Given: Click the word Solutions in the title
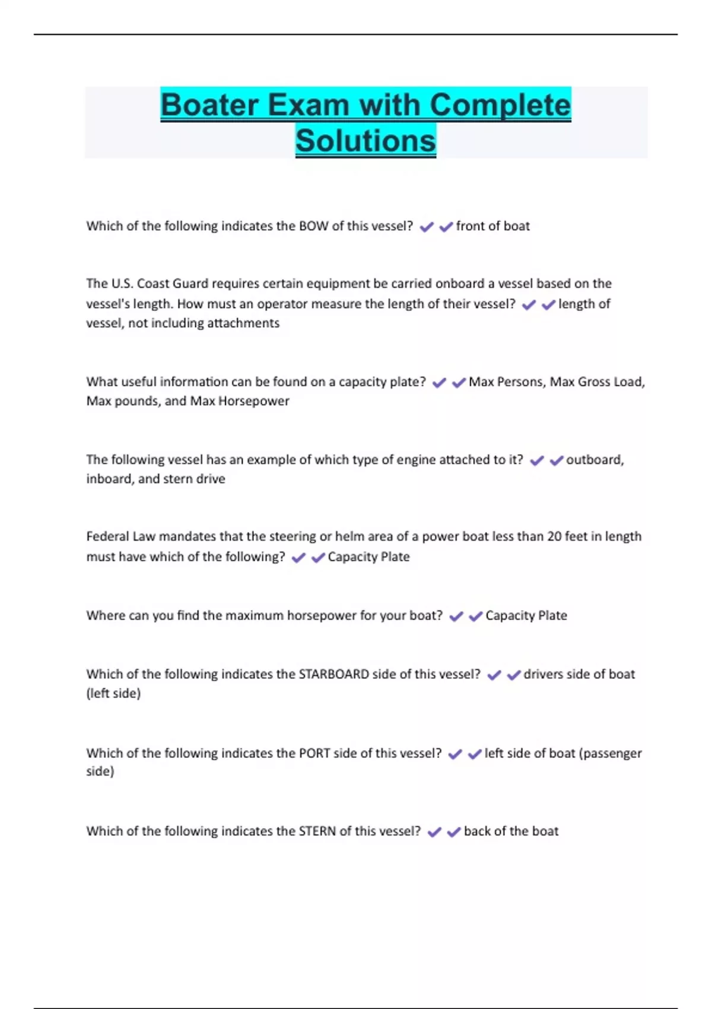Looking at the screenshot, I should pyautogui.click(x=365, y=141).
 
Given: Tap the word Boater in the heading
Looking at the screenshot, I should pyautogui.click(x=209, y=105).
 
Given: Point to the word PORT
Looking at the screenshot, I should pyautogui.click(x=314, y=753).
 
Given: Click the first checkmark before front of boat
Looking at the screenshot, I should pyautogui.click(x=426, y=227).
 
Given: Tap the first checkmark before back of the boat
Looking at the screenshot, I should pyautogui.click(x=434, y=832).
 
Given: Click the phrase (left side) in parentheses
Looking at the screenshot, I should pyautogui.click(x=113, y=693).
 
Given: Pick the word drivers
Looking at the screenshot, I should pyautogui.click(x=543, y=674).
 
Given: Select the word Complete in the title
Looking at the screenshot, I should pyautogui.click(x=500, y=105).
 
